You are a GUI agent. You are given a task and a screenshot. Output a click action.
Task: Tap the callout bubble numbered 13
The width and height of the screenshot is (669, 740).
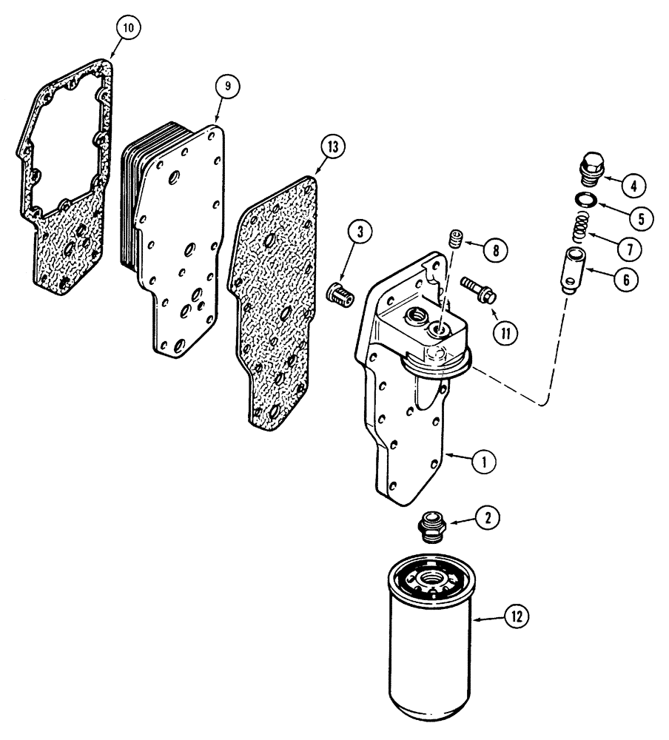click(x=332, y=147)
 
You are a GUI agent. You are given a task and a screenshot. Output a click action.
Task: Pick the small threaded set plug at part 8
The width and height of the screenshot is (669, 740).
click(x=457, y=240)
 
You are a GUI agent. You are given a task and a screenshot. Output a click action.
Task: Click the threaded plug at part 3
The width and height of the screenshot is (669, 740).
click(x=340, y=299)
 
